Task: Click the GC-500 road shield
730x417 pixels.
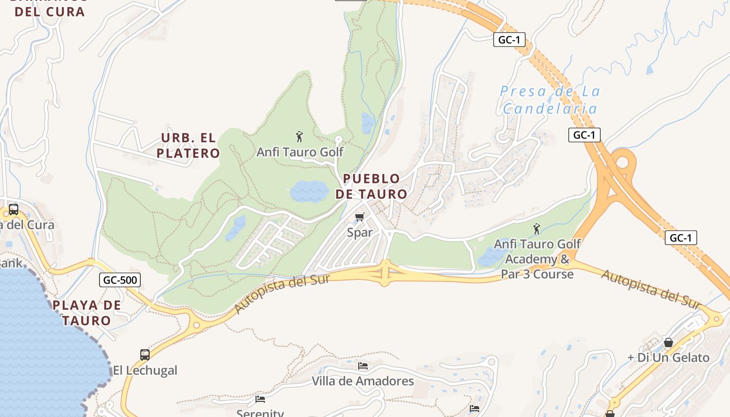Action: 120,280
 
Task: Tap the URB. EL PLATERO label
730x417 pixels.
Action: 188,145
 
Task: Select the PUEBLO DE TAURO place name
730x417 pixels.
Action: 371,187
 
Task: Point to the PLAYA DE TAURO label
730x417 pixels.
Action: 87,313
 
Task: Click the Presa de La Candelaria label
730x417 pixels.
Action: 550,100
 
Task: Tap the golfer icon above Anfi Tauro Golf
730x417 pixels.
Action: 299,137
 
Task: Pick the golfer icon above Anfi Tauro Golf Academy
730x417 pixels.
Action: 537,229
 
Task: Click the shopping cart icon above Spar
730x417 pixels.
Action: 359,217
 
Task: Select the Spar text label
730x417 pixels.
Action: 360,232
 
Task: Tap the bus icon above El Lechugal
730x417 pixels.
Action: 145,355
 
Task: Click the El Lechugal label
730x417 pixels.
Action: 145,371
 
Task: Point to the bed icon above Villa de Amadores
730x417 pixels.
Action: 363,366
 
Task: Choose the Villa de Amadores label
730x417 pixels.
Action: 363,381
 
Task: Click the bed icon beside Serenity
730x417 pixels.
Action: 260,399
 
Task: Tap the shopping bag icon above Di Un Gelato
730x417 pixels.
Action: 668,342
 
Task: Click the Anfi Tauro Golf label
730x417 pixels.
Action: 300,152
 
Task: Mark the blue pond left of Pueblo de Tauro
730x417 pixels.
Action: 309,191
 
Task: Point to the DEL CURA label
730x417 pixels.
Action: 50,11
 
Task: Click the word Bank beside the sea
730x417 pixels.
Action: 11,263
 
